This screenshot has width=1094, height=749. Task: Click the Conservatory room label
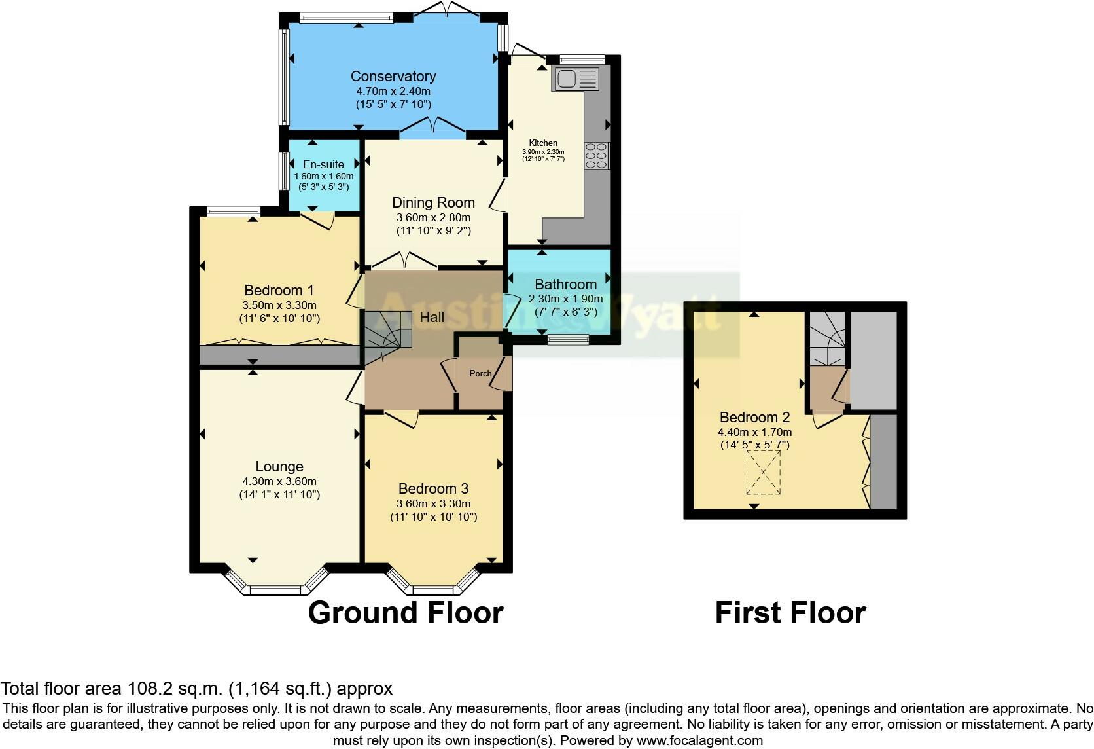[393, 76]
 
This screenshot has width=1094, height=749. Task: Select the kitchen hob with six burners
[597, 156]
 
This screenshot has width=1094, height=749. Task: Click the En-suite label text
[323, 164]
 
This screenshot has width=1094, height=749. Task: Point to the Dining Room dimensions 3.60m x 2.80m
[434, 217]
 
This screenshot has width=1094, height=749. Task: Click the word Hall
[432, 317]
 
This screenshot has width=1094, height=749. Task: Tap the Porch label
[480, 373]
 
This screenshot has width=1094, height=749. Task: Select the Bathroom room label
[565, 284]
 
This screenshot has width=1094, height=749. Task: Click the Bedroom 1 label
[279, 290]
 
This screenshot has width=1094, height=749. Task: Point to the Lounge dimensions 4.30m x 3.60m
[279, 481]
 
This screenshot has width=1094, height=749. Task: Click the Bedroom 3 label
[434, 488]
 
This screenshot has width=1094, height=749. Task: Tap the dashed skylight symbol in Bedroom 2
[764, 472]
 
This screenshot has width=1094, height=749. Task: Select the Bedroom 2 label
[754, 417]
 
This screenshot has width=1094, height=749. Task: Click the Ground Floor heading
[406, 613]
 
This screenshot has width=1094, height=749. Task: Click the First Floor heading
[790, 613]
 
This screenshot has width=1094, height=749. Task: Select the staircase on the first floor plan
[827, 338]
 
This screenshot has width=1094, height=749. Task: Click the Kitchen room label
[543, 143]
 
